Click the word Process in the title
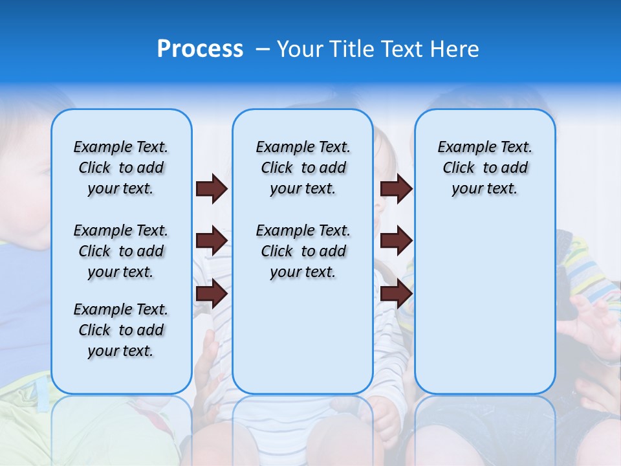tap(200, 49)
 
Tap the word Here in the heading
tap(455, 49)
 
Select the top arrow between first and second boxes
tap(212, 189)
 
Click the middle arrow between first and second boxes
tap(212, 241)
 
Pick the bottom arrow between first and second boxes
tap(212, 294)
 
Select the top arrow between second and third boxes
tap(397, 189)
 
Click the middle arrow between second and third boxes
tap(397, 241)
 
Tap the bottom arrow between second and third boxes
tap(397, 294)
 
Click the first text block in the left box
tap(121, 168)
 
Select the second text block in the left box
tap(121, 251)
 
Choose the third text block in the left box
tap(121, 330)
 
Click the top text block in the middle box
tap(303, 168)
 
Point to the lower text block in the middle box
tap(303, 251)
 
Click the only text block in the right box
tap(485, 168)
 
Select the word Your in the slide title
tap(300, 49)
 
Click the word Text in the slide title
tap(403, 49)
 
